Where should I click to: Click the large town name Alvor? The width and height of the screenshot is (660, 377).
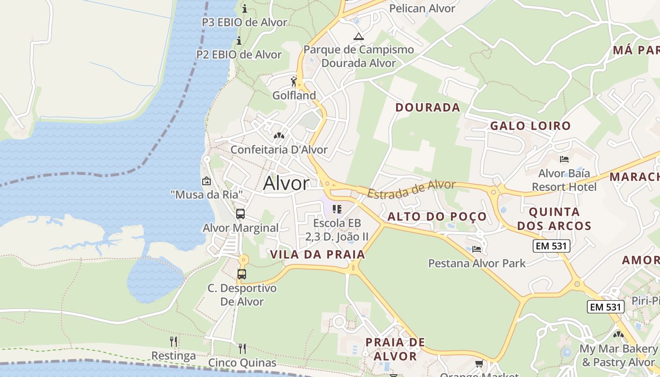(286, 183)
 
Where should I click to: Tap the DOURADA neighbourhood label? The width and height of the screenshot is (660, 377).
(428, 107)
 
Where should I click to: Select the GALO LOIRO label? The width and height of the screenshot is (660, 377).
(530, 126)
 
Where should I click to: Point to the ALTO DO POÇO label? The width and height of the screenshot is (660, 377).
(437, 216)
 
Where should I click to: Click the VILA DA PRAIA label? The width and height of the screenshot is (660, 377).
(318, 254)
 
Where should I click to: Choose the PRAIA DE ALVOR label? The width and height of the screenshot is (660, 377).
(395, 349)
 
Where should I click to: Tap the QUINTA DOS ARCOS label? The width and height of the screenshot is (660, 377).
(554, 219)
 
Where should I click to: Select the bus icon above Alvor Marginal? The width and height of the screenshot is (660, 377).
(240, 214)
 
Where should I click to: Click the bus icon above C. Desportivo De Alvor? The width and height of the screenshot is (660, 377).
(242, 274)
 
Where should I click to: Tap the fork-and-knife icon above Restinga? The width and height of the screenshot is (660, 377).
(173, 341)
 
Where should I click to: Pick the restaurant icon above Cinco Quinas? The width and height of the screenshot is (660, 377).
(242, 348)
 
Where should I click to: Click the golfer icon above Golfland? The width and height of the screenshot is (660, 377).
(294, 82)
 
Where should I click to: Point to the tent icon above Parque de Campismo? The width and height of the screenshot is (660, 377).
(359, 36)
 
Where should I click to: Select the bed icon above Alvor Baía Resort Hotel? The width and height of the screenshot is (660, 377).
(564, 159)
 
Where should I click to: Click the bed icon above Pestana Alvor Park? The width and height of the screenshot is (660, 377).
(477, 249)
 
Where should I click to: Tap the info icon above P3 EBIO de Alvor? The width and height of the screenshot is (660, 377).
(244, 8)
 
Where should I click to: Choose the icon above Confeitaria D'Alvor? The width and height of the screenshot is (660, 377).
(279, 136)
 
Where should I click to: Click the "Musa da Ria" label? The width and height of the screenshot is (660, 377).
(207, 194)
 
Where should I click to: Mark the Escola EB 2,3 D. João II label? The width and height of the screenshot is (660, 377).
(337, 229)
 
